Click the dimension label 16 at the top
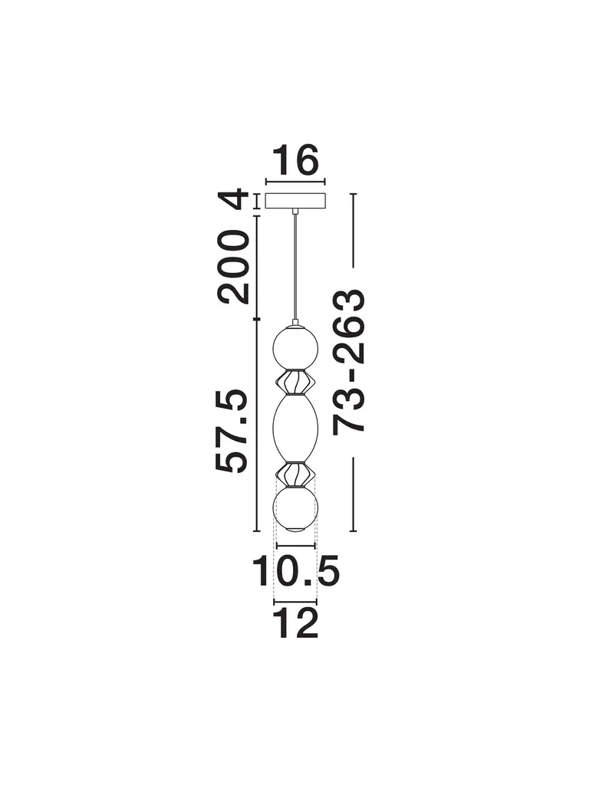click(295, 160)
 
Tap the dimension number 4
click(233, 199)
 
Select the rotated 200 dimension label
click(233, 267)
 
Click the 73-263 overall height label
click(349, 360)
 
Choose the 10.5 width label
click(296, 570)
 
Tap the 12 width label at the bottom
click(296, 622)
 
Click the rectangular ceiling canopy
click(295, 202)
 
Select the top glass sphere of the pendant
click(295, 347)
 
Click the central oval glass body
click(295, 429)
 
